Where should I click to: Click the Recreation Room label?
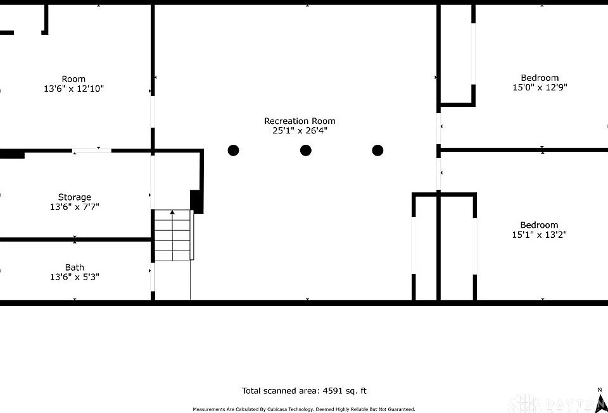[x=300, y=121]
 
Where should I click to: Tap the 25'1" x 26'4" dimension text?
[x=300, y=131]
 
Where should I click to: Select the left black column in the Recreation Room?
[x=233, y=151]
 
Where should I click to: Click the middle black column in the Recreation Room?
[x=306, y=151]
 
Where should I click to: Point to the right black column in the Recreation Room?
[x=377, y=151]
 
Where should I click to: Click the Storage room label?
[x=75, y=197]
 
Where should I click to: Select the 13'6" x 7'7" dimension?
[x=75, y=207]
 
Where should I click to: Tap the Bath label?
[x=74, y=267]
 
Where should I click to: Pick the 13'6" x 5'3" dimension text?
[x=75, y=277]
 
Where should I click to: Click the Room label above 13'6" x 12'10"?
[x=73, y=79]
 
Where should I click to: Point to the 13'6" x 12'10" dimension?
[x=73, y=89]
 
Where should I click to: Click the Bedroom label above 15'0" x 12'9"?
[x=539, y=78]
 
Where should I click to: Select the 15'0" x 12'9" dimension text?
[x=539, y=88]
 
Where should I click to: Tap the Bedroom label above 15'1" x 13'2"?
[x=539, y=225]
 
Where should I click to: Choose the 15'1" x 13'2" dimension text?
[x=539, y=235]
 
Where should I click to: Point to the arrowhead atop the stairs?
[x=172, y=213]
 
